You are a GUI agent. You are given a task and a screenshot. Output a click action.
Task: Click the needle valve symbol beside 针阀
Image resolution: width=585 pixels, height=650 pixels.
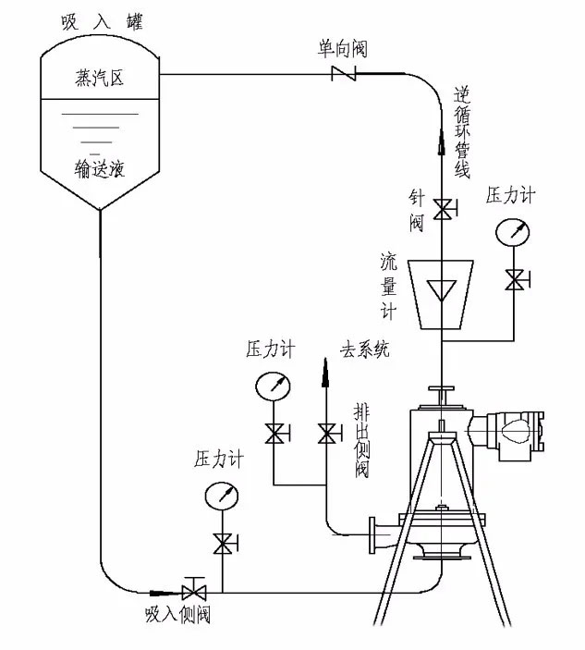[443, 209]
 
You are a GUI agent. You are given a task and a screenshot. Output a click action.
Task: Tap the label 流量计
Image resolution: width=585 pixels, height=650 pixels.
[388, 284]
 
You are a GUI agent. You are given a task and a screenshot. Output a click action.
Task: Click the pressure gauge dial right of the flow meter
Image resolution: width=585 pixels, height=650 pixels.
[513, 231]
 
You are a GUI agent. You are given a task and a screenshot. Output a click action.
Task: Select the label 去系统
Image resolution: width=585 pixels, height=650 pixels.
[364, 350]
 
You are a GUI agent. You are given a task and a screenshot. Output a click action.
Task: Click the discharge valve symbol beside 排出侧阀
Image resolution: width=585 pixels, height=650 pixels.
[325, 433]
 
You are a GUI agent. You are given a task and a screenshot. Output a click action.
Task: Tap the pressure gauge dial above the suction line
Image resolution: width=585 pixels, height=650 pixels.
[222, 496]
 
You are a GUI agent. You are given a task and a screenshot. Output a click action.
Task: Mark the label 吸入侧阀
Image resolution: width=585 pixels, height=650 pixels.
[183, 615]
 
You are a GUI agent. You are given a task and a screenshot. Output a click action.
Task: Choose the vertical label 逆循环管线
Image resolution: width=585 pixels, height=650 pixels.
[463, 132]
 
